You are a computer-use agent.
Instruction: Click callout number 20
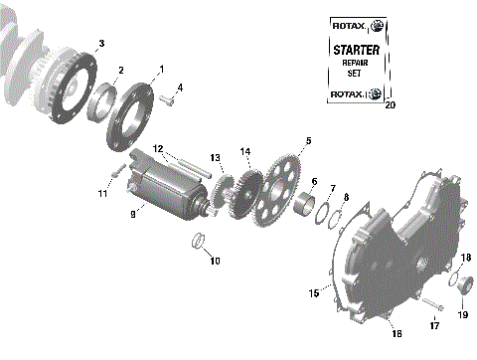(x=389, y=103)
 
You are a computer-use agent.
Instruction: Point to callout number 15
(x=314, y=293)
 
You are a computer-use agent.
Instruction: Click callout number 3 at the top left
(x=98, y=43)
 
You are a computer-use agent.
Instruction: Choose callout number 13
(x=215, y=158)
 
